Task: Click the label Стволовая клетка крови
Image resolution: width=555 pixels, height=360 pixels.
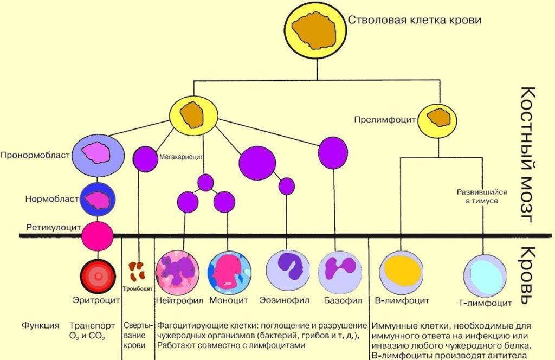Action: [x=414, y=20]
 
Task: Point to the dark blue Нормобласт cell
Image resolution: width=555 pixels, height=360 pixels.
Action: [x=98, y=200]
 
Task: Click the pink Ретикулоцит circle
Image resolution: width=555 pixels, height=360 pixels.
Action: [x=98, y=235]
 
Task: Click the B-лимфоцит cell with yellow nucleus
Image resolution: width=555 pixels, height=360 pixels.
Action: [x=401, y=269]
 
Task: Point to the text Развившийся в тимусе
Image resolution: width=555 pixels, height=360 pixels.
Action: [x=477, y=196]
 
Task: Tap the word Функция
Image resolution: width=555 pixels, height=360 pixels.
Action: [x=41, y=326]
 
